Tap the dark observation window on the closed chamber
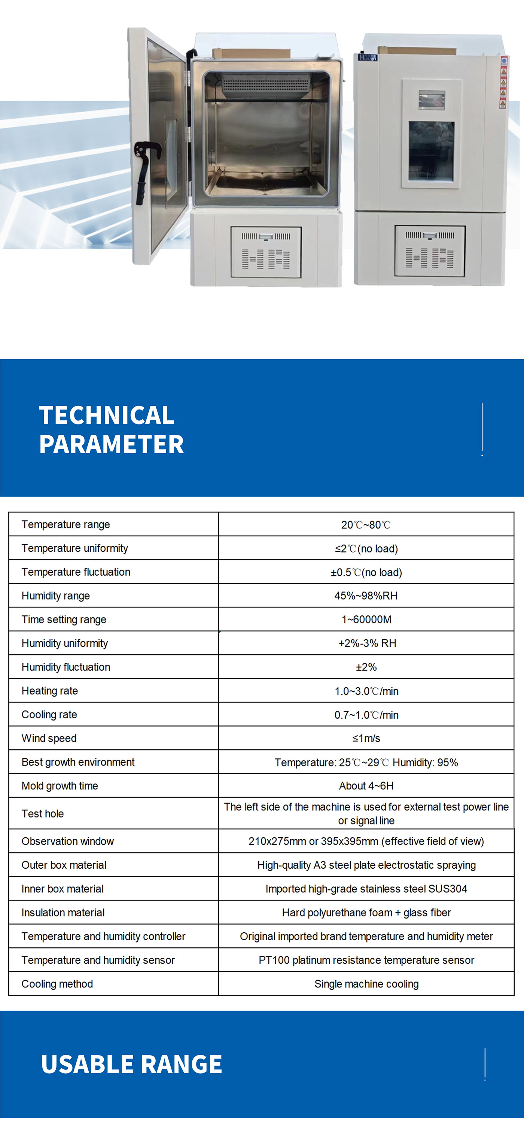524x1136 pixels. (431, 151)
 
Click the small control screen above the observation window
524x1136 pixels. (432, 100)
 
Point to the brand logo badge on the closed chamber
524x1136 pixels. (368, 57)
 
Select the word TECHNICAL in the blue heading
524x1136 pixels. (107, 415)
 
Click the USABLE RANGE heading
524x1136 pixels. (131, 1064)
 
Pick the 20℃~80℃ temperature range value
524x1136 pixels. (366, 525)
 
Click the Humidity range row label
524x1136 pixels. (55, 596)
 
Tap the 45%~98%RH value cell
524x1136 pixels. (366, 596)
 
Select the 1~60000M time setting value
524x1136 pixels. (366, 619)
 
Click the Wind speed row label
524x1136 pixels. (49, 738)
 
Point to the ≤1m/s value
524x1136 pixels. (366, 738)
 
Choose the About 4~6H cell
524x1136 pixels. (366, 786)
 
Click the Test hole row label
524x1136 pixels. (43, 814)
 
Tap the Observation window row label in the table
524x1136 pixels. (67, 841)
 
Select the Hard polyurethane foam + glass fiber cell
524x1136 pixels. (366, 913)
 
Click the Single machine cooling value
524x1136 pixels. (366, 984)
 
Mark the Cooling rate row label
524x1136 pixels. (49, 715)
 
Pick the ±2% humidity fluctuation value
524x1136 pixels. (366, 667)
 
